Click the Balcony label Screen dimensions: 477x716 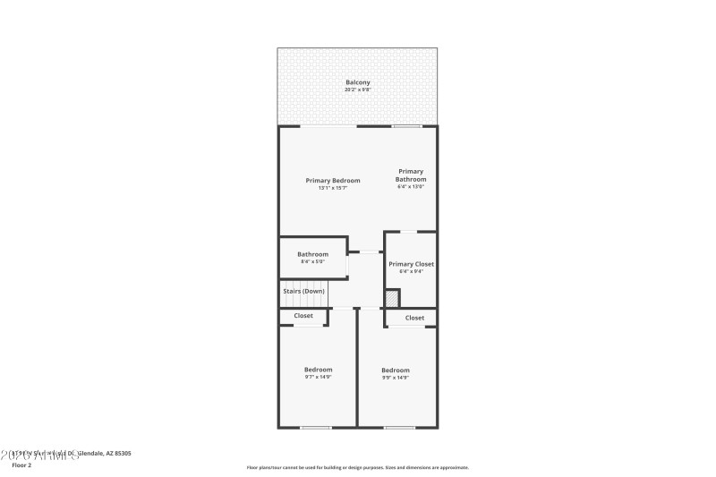click(x=357, y=82)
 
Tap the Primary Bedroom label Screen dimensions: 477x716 click(x=333, y=180)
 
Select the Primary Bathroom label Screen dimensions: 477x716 click(x=411, y=175)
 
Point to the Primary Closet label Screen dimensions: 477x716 click(x=411, y=264)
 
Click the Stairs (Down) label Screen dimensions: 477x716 click(x=303, y=291)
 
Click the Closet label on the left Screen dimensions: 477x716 click(x=303, y=316)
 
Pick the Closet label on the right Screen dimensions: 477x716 click(x=414, y=318)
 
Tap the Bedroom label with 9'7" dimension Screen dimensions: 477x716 click(x=318, y=370)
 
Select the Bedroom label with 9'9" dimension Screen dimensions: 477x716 click(x=396, y=371)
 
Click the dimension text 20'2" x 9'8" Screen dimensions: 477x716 click(x=357, y=89)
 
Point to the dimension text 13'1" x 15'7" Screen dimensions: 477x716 click(x=333, y=188)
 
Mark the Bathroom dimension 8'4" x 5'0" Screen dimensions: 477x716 click(x=312, y=262)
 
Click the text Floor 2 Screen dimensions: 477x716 click(x=21, y=465)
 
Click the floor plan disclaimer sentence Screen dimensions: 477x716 click(x=357, y=467)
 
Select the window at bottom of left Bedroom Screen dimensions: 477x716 click(x=316, y=427)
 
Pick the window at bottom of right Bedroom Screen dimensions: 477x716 click(x=399, y=427)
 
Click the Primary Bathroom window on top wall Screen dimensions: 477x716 click(x=407, y=126)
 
